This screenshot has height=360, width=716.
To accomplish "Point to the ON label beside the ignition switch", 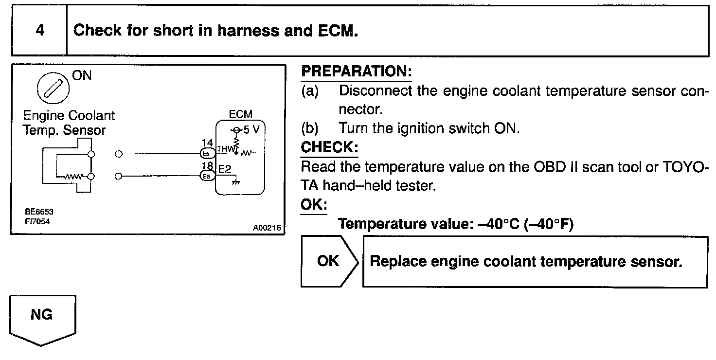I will pyautogui.click(x=82, y=76).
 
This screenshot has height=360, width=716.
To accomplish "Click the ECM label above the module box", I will pyautogui.click(x=241, y=114).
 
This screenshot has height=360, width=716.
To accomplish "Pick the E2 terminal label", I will pyautogui.click(x=225, y=169).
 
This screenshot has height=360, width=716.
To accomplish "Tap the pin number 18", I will pyautogui.click(x=207, y=166).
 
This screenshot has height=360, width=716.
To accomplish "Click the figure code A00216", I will pyautogui.click(x=267, y=227).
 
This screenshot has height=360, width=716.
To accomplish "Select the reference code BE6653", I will pyautogui.click(x=40, y=212).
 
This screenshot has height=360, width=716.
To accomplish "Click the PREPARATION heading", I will pyautogui.click(x=357, y=72).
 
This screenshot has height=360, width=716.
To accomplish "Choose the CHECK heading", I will pyautogui.click(x=329, y=147).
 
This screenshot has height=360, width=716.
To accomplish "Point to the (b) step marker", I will pyautogui.click(x=310, y=128).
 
